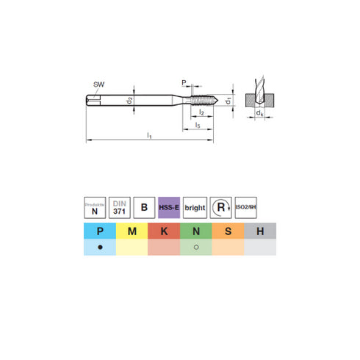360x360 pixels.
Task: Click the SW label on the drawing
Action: click(x=98, y=85)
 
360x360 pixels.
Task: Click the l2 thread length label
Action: click(x=201, y=112)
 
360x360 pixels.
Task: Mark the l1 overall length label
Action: click(x=149, y=137)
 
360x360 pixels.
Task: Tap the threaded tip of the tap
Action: click(x=208, y=98)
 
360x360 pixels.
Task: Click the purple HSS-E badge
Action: click(x=170, y=207)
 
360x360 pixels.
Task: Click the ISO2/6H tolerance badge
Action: click(x=245, y=207)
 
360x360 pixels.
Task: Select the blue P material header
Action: click(x=99, y=232)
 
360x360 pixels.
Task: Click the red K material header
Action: click(x=164, y=232)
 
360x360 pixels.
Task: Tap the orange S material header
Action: click(x=228, y=232)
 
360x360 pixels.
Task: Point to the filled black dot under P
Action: click(x=99, y=248)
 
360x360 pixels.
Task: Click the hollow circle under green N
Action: click(x=195, y=248)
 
